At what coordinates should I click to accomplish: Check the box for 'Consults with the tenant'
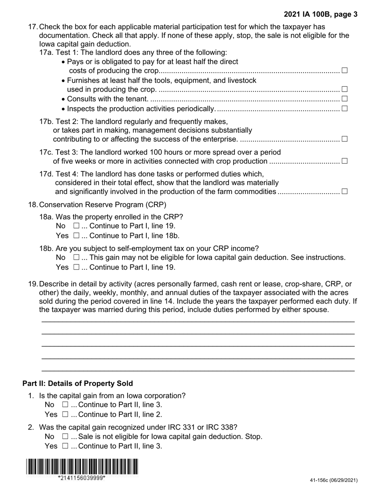[x=344, y=99]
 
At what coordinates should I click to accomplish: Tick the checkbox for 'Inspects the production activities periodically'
[x=344, y=108]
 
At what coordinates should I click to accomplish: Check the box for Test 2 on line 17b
[x=344, y=139]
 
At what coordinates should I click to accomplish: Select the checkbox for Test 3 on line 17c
[x=344, y=161]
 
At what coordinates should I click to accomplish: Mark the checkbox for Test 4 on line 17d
[x=344, y=191]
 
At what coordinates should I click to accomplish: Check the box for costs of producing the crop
[x=344, y=70]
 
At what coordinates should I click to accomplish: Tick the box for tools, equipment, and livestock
[x=344, y=89]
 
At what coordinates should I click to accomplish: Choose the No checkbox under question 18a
[x=76, y=226]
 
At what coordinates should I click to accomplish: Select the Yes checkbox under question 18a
[x=76, y=236]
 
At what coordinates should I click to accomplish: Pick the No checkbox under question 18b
[x=76, y=258]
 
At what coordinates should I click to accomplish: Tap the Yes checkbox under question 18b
[x=76, y=267]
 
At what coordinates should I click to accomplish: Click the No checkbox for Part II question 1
[x=66, y=405]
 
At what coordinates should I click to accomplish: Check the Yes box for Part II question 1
[x=66, y=414]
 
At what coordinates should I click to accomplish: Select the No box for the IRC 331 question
[x=66, y=436]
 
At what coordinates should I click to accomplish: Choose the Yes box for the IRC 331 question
[x=66, y=446]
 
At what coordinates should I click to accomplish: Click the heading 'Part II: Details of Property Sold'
[x=78, y=384]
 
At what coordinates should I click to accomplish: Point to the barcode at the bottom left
[x=82, y=466]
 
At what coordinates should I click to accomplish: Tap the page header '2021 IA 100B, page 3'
[x=321, y=15]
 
